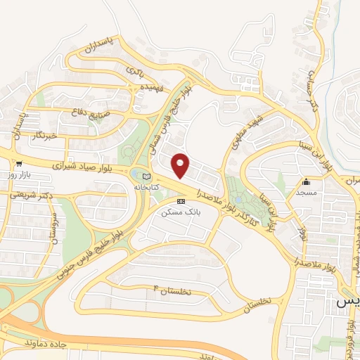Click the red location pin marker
[181, 165]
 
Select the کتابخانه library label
[146, 188]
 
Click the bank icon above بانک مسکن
[181, 201]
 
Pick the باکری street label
[135, 71]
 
